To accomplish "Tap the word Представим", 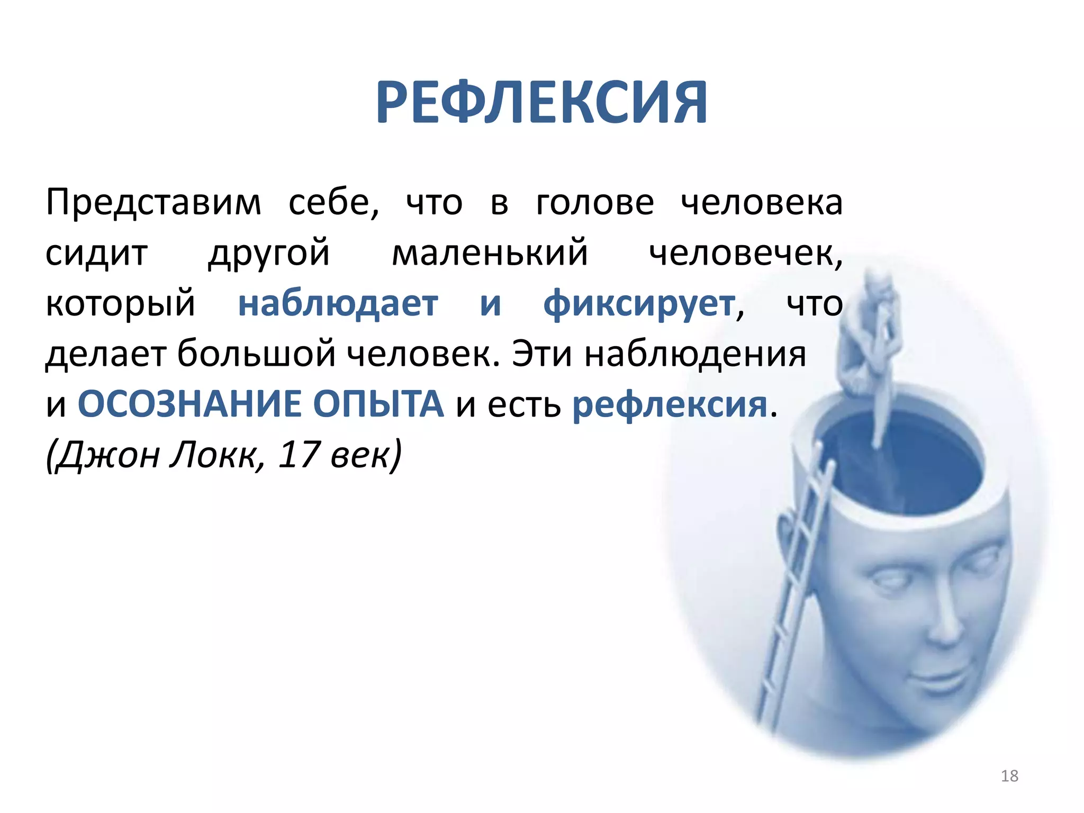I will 153,203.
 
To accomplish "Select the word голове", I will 595,203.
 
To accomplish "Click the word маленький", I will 490,253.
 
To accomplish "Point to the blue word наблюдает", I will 338,304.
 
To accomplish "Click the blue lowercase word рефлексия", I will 670,405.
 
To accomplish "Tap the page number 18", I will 1009,776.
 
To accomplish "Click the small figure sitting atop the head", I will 868,339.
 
